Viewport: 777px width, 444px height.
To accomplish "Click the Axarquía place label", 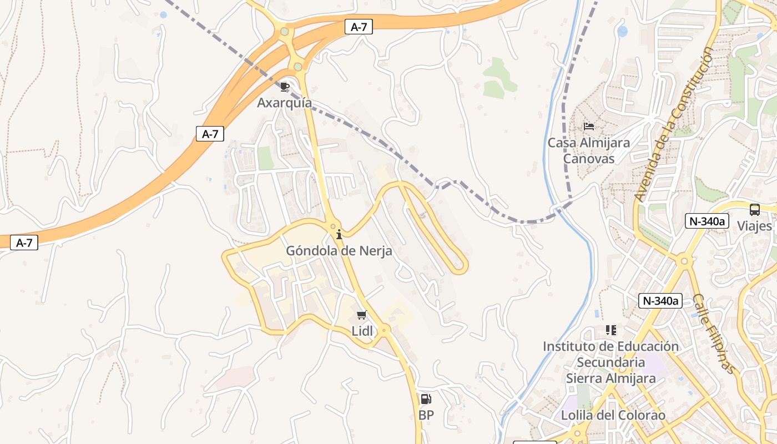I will click(284, 103).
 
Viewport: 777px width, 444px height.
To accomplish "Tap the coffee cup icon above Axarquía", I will click(285, 87).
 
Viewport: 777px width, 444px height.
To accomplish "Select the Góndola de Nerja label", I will click(339, 251).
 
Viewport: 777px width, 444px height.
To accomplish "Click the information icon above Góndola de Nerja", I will click(339, 235).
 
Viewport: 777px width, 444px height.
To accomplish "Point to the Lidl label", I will click(362, 331).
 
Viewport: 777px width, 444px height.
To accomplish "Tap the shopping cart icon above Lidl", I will click(362, 315).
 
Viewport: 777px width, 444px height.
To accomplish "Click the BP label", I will click(426, 415).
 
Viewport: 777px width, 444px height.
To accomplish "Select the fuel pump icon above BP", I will click(426, 398).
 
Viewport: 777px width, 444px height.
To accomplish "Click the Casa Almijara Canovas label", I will click(589, 150).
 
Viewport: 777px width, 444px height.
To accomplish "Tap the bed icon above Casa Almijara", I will click(589, 127).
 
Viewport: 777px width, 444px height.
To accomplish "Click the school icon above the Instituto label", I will click(611, 330).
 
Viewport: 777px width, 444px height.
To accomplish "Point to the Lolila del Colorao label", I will click(613, 415).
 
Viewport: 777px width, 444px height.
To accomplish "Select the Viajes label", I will click(754, 226).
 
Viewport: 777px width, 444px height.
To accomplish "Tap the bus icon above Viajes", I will click(754, 210).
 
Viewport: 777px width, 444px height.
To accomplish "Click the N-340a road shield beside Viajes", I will click(707, 221).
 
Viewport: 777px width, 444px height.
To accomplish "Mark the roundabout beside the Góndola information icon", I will click(333, 226).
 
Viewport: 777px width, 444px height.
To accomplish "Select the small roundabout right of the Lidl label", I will click(385, 330).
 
